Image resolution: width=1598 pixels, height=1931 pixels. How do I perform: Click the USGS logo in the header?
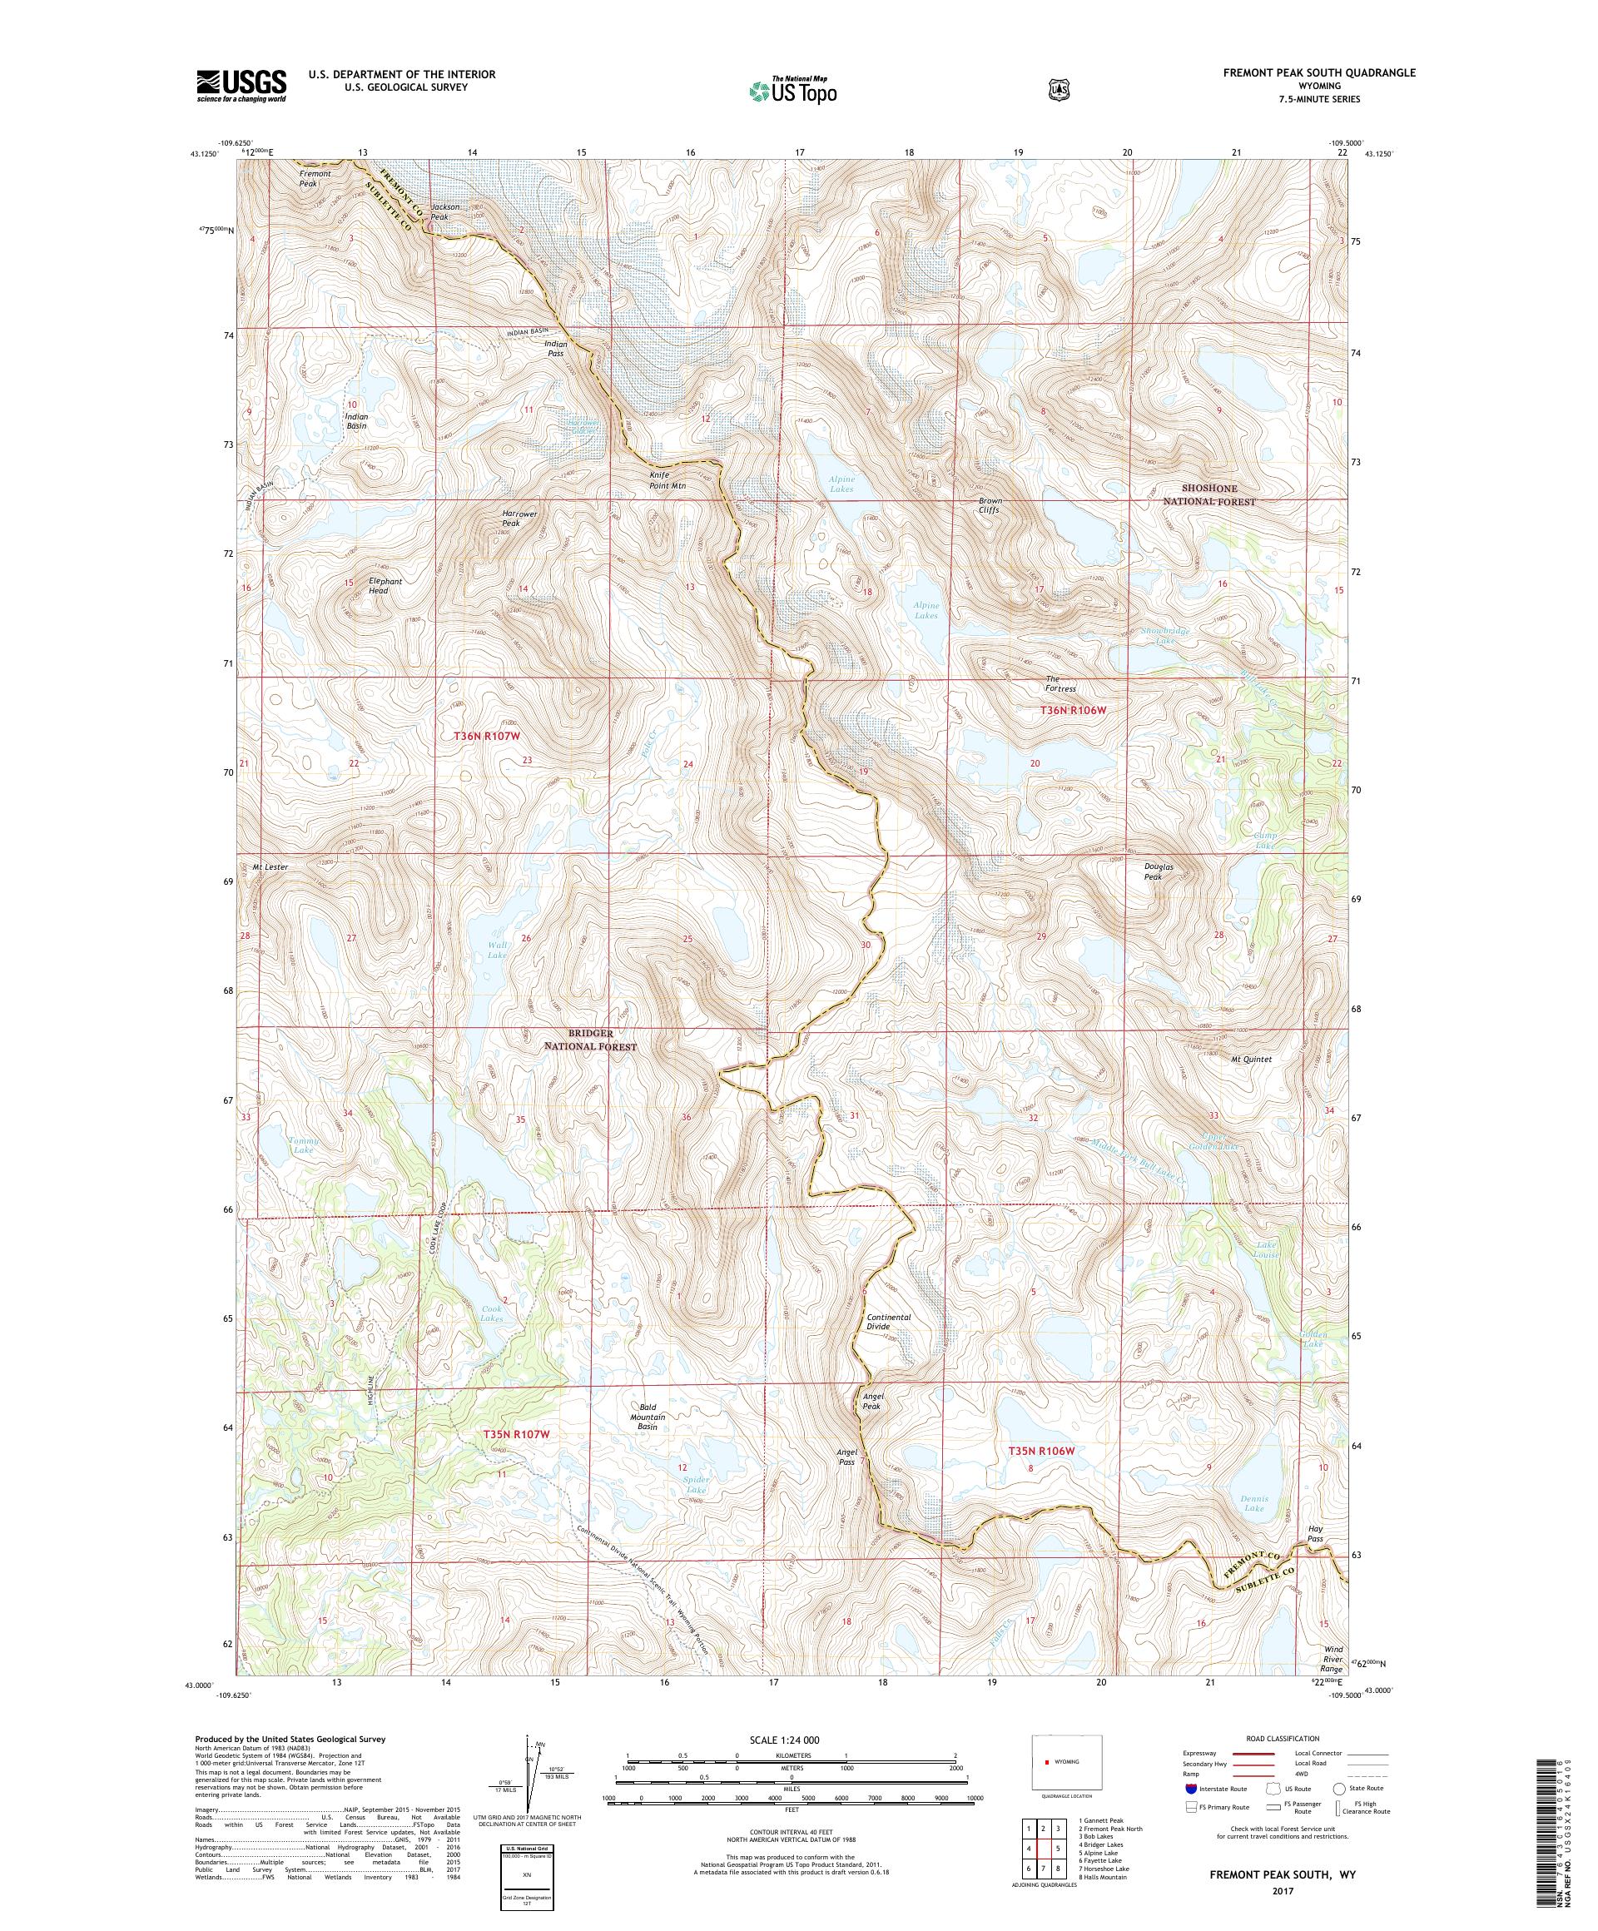[240, 86]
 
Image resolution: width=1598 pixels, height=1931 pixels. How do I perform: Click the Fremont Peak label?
[315, 178]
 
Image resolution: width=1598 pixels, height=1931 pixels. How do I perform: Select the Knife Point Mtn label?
[667, 480]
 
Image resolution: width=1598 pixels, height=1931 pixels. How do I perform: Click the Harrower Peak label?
[519, 518]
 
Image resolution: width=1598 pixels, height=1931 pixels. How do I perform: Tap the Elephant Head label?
[385, 586]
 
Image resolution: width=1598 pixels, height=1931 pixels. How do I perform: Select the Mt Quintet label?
[1252, 1060]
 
